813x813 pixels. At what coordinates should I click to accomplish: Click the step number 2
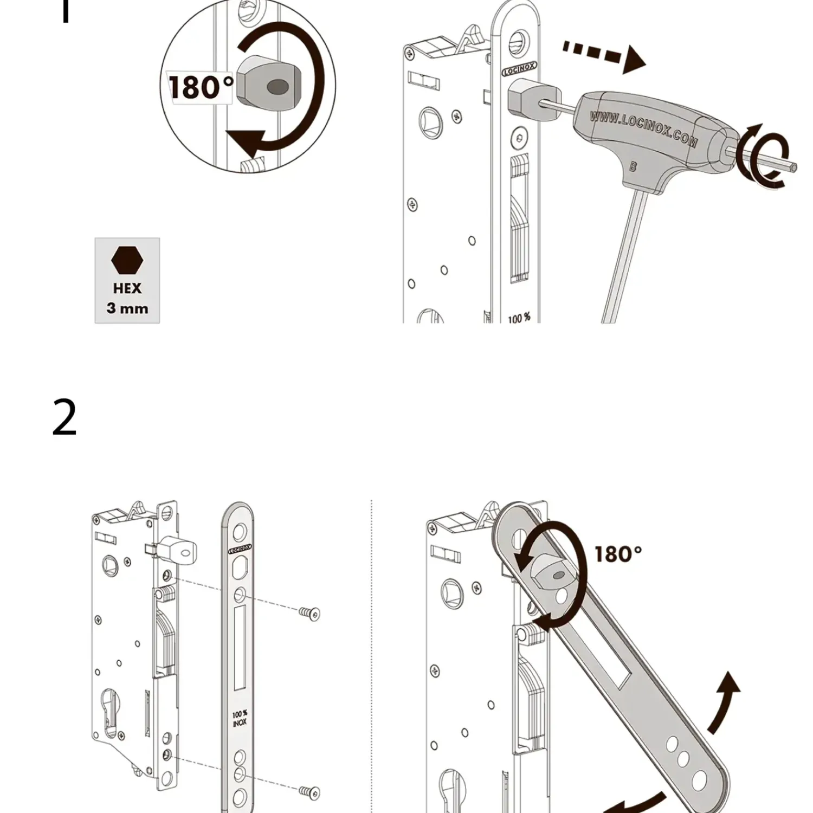tap(64, 418)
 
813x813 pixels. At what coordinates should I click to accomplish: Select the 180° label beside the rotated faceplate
tap(618, 554)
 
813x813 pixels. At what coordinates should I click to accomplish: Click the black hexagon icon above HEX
tap(127, 261)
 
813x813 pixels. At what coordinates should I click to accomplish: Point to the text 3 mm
tap(127, 308)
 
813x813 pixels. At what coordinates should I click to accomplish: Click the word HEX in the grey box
tap(127, 288)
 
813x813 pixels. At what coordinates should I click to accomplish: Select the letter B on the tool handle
tap(633, 167)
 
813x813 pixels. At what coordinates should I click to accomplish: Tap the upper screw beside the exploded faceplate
tap(309, 613)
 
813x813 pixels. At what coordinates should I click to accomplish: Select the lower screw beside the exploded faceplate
tap(309, 791)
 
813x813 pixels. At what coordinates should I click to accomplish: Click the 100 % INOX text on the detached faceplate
tap(240, 718)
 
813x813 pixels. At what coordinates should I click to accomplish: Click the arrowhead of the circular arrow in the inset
tap(247, 143)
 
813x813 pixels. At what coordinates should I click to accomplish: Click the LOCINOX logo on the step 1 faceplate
tap(519, 69)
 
